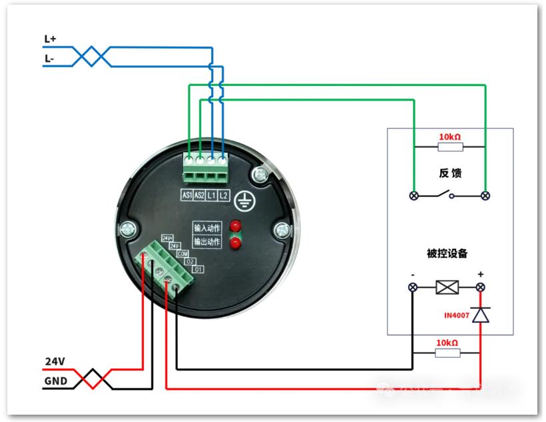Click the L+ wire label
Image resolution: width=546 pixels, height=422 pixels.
coord(50,39)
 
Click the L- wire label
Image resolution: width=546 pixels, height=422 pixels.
coord(49,59)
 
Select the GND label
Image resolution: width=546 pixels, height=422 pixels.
coord(55,382)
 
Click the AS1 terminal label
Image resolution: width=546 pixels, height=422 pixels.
coord(187,195)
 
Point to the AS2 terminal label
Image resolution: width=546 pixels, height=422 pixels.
coord(199,195)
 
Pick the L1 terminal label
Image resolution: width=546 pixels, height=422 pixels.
coord(211,195)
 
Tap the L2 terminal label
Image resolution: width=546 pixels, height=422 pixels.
coord(223,195)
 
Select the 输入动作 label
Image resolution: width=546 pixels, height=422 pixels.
coord(206,228)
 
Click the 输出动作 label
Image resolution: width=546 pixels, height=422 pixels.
coord(206,242)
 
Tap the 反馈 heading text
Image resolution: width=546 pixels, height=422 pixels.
coord(450,173)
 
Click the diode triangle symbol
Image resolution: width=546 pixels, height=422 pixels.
coord(480,314)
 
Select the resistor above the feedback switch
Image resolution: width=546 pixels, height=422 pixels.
coord(449,146)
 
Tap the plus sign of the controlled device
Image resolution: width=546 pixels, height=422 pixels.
coord(481,274)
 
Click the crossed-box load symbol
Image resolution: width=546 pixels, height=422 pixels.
coord(446,288)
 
